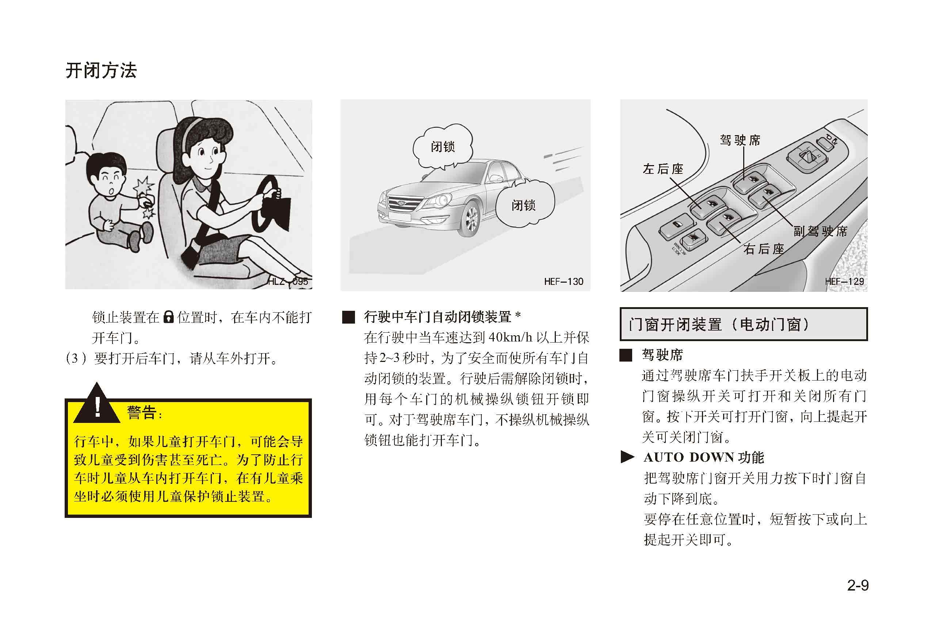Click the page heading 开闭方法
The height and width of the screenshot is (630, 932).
tap(101, 70)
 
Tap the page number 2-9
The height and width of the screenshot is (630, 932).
tap(858, 585)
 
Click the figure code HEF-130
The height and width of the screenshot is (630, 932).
tap(564, 282)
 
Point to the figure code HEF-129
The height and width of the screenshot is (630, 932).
tap(844, 282)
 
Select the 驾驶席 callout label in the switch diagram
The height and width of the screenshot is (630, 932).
tap(740, 140)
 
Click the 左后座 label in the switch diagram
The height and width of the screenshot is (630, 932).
tap(663, 169)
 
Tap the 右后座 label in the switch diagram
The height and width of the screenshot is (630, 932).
tap(764, 249)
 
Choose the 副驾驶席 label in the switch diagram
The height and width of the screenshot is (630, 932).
tap(821, 231)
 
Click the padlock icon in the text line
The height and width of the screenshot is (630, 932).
tap(168, 317)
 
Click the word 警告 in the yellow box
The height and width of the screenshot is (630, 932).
tap(142, 412)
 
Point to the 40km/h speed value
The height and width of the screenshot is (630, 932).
tap(511, 337)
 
